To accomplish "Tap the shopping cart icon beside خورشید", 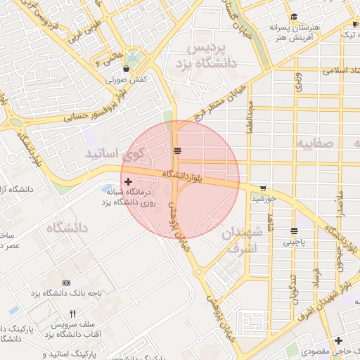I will tap(263, 188).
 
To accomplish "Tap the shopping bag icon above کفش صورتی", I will tap(126, 69).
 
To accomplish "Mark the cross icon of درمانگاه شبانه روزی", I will tap(127, 181).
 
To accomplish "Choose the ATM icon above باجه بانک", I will tap(66, 282).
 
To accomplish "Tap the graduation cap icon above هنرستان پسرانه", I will tap(294, 17).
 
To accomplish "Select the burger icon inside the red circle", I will tap(178, 150).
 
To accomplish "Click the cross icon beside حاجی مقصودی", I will tap(339, 340).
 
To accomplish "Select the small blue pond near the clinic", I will tap(109, 189).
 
